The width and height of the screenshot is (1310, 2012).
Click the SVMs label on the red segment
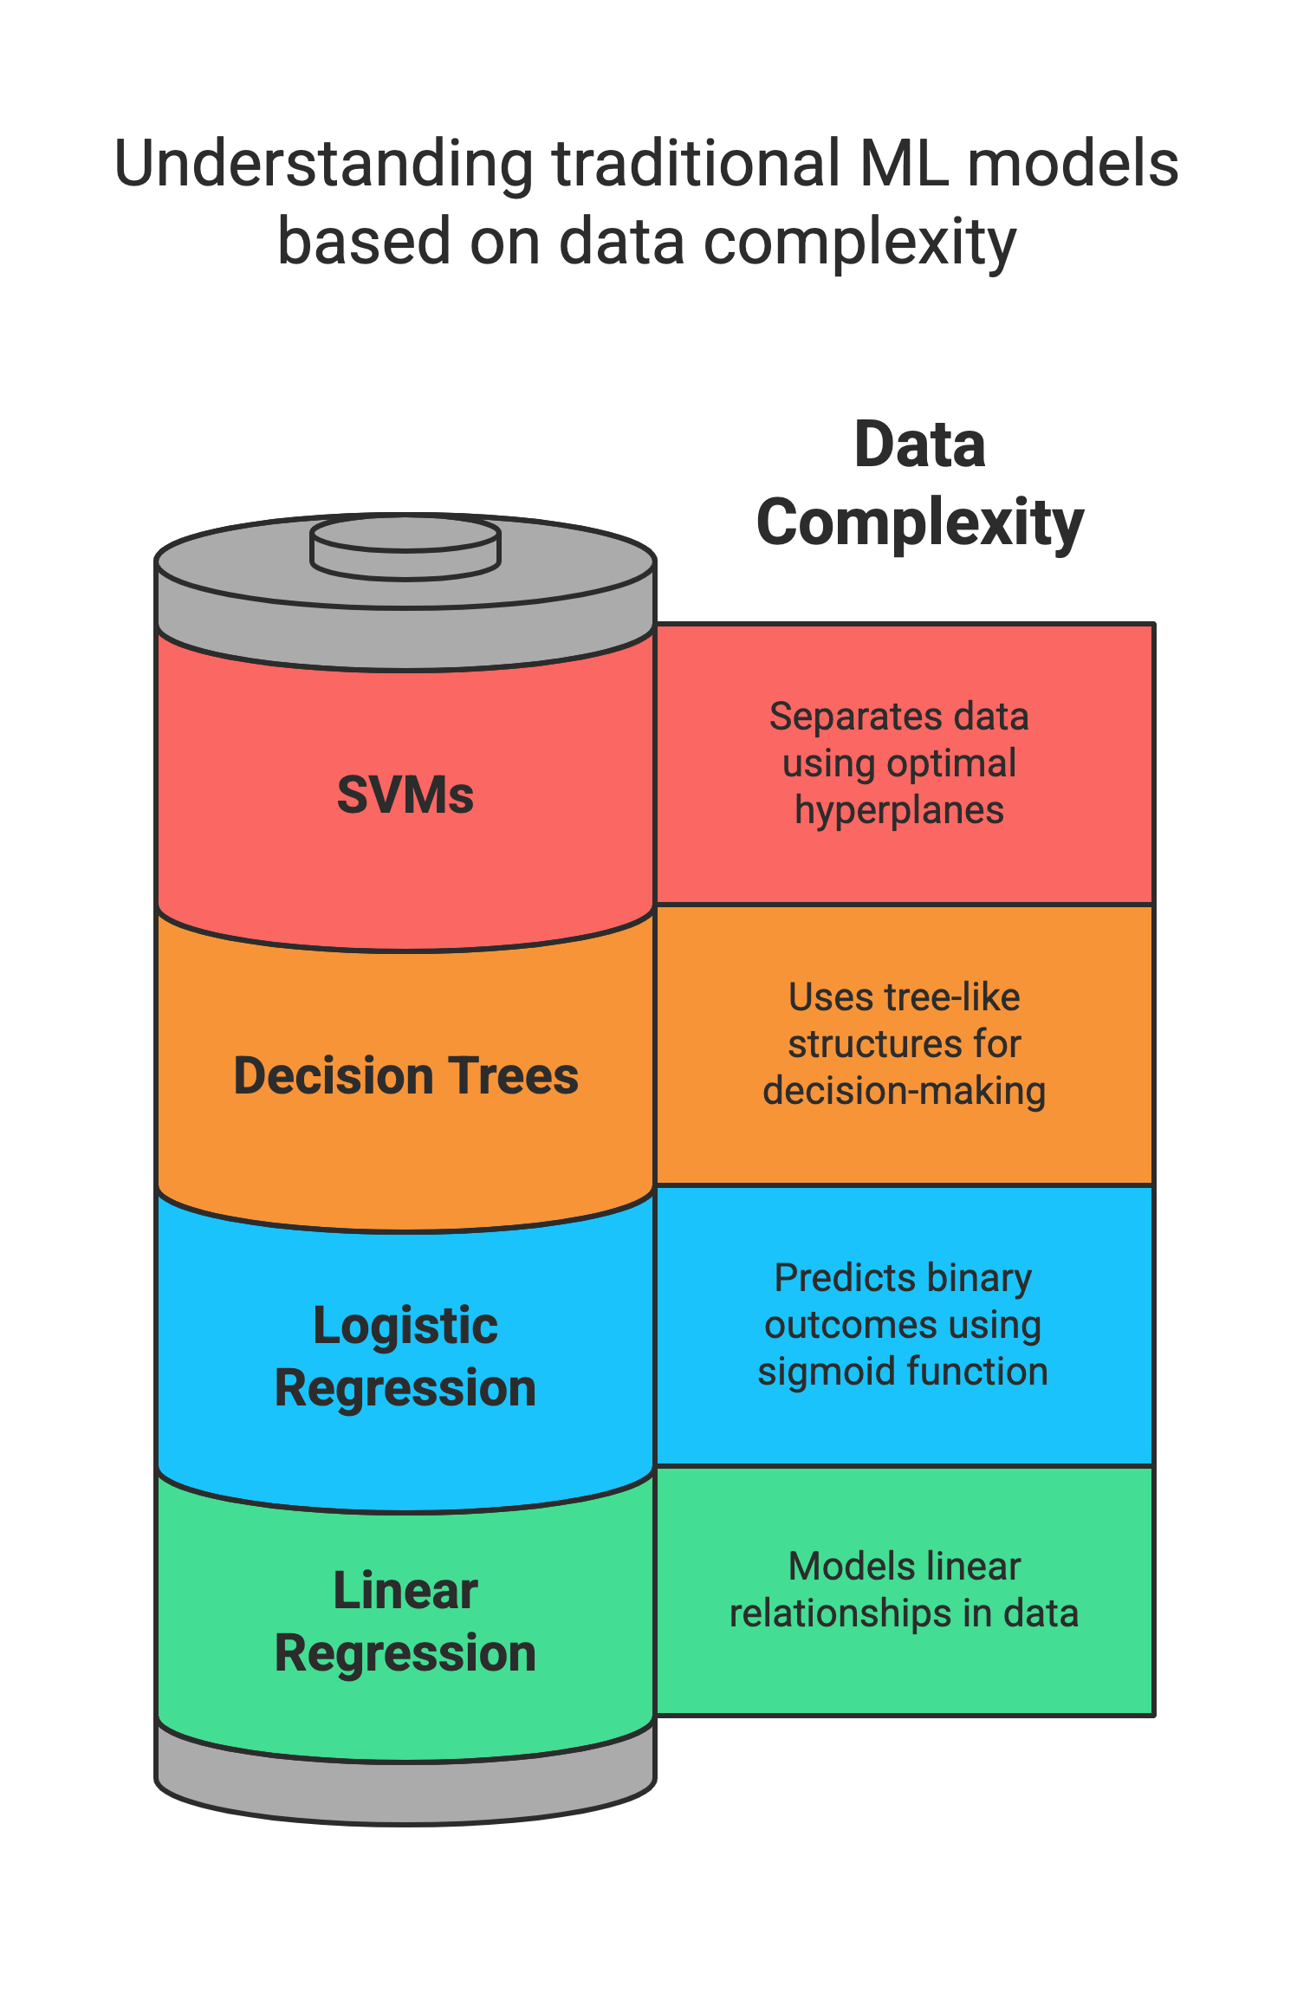(405, 795)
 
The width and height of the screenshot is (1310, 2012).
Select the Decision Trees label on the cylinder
(405, 1076)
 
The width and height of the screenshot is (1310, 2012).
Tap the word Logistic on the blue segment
(405, 1326)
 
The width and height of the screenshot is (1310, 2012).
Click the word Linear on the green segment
(405, 1591)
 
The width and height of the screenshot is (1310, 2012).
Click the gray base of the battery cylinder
(405, 1789)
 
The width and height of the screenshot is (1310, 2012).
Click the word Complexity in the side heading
(919, 522)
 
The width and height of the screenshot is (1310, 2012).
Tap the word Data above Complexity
(919, 445)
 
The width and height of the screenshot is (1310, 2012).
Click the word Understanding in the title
(323, 165)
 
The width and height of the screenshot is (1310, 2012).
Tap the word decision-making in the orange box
(904, 1091)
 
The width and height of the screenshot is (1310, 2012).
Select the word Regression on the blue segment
(405, 1388)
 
